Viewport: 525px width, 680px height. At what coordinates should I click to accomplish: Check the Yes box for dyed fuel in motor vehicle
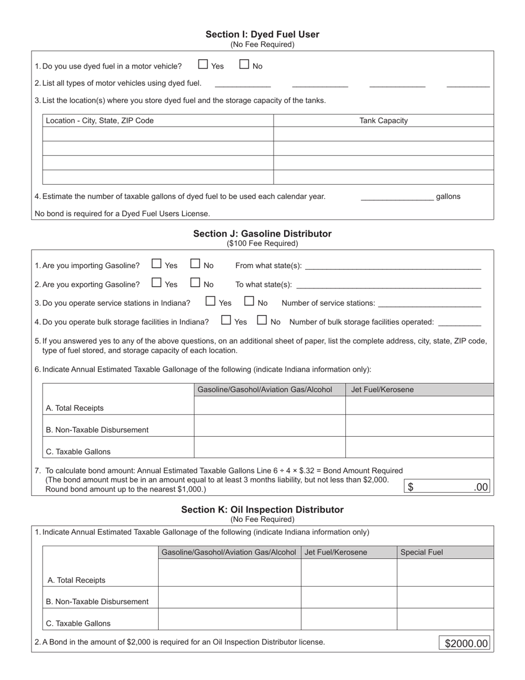click(203, 65)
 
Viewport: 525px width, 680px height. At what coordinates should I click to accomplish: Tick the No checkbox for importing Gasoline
click(195, 264)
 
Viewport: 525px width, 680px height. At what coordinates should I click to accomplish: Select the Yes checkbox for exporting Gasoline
click(157, 283)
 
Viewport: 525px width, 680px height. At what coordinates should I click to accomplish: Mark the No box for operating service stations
click(249, 302)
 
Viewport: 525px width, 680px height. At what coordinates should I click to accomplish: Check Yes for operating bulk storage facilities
click(226, 320)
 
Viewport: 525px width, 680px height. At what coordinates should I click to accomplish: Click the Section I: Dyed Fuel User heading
click(262, 34)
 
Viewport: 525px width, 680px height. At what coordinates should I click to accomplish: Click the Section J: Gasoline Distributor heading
click(262, 234)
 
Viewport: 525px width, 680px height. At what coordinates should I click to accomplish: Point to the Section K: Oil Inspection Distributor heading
click(262, 510)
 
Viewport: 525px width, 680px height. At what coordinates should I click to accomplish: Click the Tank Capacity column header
click(384, 121)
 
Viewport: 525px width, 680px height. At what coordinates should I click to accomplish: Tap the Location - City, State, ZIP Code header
click(100, 121)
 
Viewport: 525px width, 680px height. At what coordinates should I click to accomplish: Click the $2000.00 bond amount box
click(466, 644)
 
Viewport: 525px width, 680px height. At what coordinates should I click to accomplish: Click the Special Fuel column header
click(422, 552)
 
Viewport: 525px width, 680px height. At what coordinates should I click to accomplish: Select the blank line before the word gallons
click(397, 197)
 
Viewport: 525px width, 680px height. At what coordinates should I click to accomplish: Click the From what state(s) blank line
click(392, 266)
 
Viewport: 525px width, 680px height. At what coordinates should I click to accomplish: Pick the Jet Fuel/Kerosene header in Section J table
click(382, 390)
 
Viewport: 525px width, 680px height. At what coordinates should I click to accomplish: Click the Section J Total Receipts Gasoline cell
click(270, 406)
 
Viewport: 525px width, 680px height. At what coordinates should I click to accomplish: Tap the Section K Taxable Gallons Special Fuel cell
click(445, 620)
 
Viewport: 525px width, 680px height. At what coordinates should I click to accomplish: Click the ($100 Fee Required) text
click(262, 243)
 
